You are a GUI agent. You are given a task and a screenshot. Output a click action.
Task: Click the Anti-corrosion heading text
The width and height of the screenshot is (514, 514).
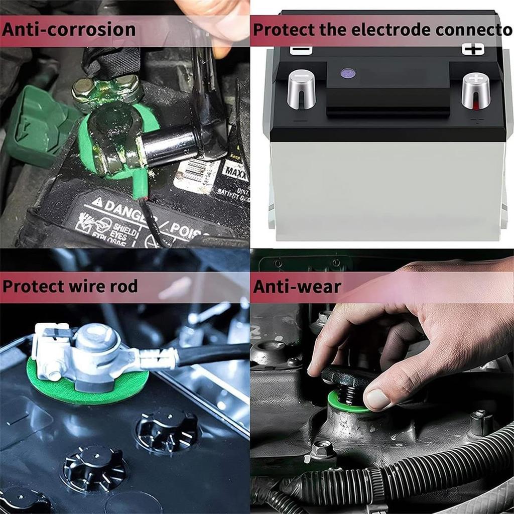(x=69, y=29)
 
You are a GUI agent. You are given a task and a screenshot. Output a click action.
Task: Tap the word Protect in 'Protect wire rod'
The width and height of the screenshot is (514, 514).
(x=33, y=287)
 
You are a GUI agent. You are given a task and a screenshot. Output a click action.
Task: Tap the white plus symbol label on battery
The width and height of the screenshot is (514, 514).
(x=473, y=49)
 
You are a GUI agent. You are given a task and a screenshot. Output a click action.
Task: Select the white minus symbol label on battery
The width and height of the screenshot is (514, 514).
(x=301, y=50)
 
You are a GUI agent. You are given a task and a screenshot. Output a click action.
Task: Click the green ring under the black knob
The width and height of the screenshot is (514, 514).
(x=346, y=402)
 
